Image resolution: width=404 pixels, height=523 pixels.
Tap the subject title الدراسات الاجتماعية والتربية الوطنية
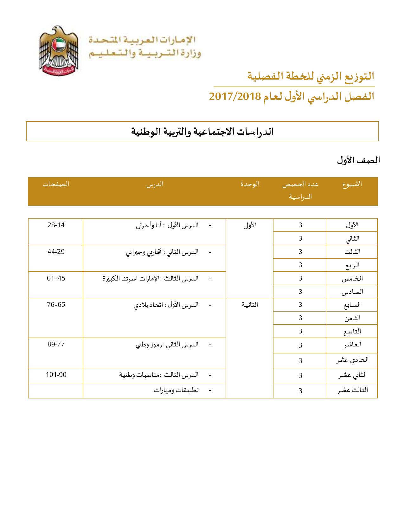coord(202,131)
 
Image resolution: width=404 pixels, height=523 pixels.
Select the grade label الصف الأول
coord(358,160)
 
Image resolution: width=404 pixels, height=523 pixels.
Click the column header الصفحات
coord(56,184)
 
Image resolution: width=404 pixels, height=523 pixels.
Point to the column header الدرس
coord(155,184)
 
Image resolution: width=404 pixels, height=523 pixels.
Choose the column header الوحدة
coord(250,184)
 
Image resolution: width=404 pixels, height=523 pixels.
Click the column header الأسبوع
coord(352,184)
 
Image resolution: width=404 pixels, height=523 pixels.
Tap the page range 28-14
coord(56,225)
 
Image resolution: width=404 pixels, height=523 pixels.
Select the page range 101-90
coord(56,375)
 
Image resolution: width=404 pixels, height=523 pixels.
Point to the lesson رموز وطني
coord(149,345)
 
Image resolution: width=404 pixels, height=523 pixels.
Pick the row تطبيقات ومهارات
coord(176,390)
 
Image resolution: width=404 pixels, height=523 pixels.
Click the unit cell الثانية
coord(250,305)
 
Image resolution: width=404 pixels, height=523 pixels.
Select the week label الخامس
coord(352,279)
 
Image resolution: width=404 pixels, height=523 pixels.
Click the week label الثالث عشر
coord(352,390)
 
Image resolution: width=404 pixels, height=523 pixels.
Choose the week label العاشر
coord(352,345)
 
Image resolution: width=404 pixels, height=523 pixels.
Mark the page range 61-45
coord(56,278)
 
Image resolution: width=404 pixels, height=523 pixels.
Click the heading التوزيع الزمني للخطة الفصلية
coord(311,76)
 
